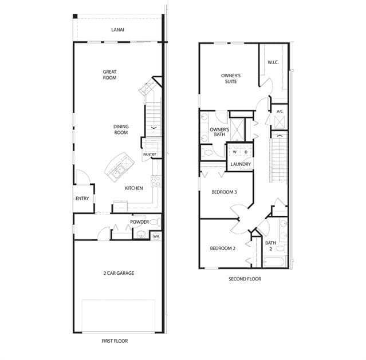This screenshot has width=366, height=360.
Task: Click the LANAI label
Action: (x=117, y=30)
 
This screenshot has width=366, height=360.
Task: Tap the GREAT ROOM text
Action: (x=110, y=74)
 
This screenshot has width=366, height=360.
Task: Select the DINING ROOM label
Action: (x=121, y=129)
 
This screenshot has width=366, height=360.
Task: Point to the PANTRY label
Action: (x=149, y=155)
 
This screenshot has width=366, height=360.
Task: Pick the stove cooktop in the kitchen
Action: (x=156, y=181)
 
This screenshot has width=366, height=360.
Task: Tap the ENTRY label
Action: (x=82, y=199)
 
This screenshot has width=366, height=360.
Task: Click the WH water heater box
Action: (x=156, y=236)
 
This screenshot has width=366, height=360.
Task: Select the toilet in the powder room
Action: (x=155, y=221)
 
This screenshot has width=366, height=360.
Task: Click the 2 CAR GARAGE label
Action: (x=119, y=273)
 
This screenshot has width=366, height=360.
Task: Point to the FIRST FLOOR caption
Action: (x=115, y=341)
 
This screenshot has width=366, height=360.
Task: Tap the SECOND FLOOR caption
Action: (x=245, y=279)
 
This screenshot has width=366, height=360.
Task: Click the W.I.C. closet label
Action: (x=273, y=62)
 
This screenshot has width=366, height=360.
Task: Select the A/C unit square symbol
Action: (x=280, y=122)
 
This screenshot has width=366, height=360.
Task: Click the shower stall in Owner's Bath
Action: (x=237, y=130)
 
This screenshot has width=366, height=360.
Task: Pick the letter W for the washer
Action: (x=235, y=152)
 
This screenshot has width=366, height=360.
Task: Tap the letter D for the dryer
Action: (x=246, y=152)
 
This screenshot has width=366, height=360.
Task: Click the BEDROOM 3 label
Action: (x=224, y=192)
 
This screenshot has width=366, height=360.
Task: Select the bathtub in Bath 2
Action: (x=274, y=262)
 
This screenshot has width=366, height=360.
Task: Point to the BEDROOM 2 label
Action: (x=222, y=248)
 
